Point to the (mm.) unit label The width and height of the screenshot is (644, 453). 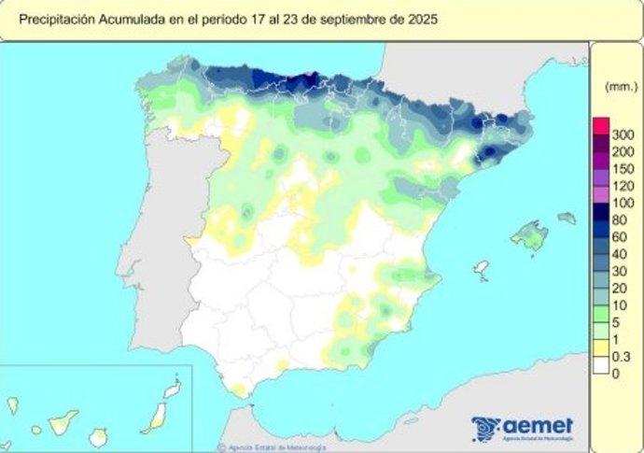[619, 86]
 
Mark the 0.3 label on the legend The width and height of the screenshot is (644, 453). [622, 356]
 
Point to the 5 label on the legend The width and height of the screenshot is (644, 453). [617, 322]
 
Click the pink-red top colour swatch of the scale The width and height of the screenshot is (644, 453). [601, 127]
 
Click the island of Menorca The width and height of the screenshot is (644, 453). [567, 218]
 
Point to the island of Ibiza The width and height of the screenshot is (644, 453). [482, 271]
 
